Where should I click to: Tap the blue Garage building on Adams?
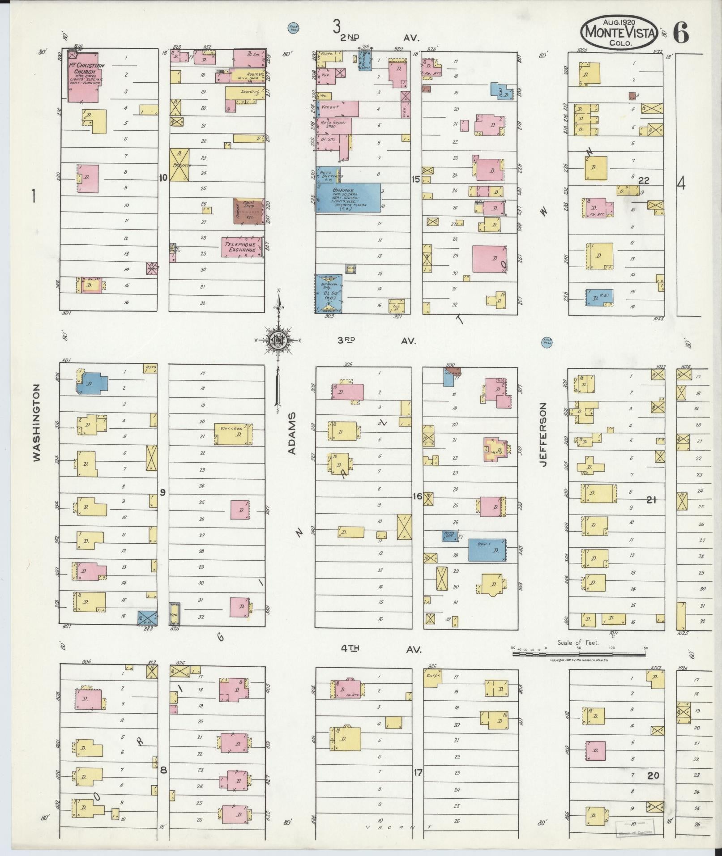pos(348,197)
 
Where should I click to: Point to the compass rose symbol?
pos(278,340)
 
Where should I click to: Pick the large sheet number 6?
pos(680,32)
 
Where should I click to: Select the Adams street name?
pos(292,434)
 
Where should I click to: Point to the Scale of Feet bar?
pos(579,654)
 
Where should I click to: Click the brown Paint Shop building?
pos(248,211)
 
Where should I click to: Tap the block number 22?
pos(644,180)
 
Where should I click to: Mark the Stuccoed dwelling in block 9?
pos(234,434)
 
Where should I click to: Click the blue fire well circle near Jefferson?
pos(547,342)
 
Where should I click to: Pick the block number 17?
pos(417,771)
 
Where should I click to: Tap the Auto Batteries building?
pos(329,175)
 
